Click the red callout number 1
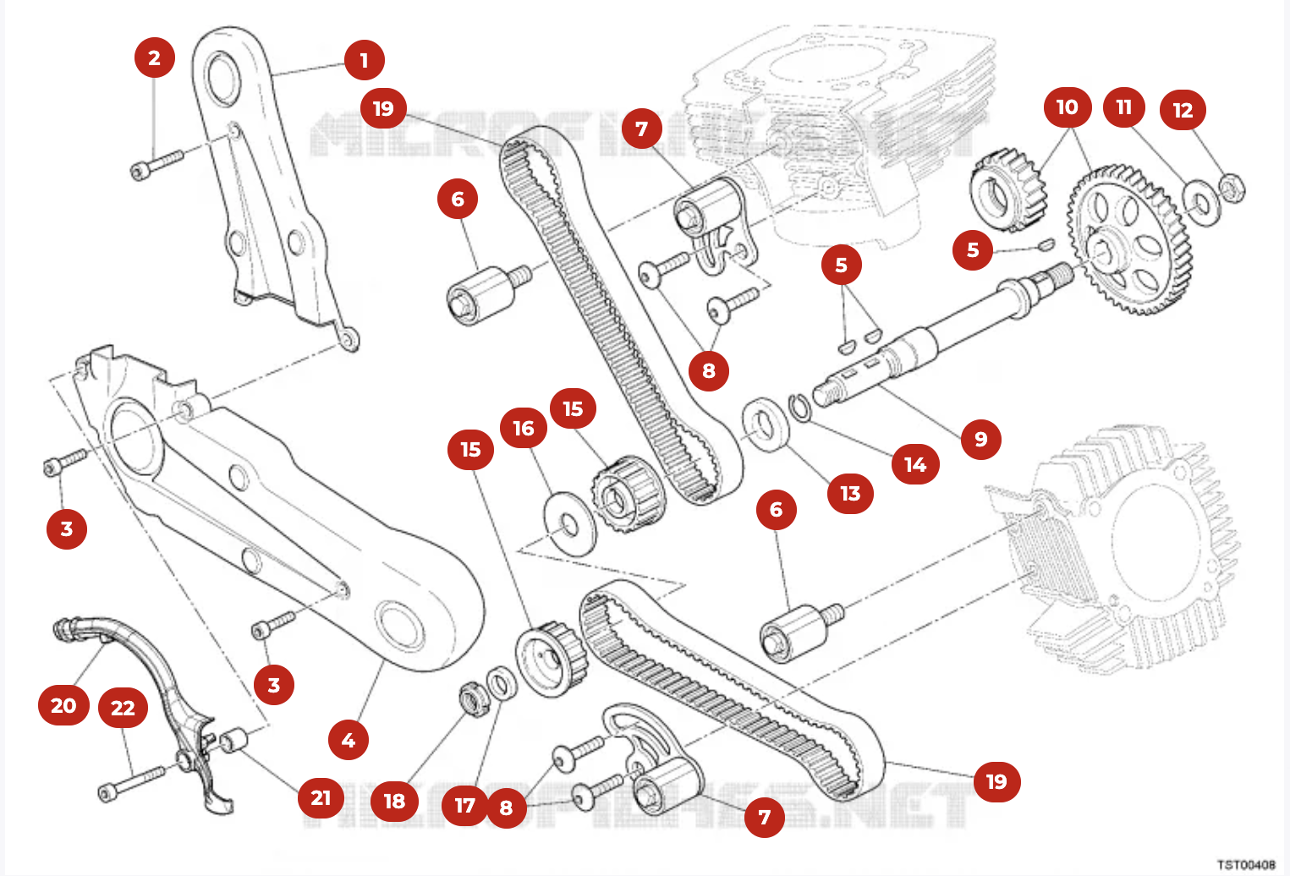coord(364,60)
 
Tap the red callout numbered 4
coord(348,740)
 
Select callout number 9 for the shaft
coord(980,439)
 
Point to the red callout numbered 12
coord(1182,109)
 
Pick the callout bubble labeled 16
coord(523,429)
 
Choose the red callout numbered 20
coord(63,705)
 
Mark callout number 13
coord(849,493)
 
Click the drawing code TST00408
coord(1245,864)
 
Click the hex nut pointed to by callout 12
coord(1232,188)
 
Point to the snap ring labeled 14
coord(799,407)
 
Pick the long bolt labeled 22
coord(133,782)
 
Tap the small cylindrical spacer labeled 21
coord(233,740)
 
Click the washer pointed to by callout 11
coord(1200,203)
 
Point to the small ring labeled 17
coord(502,683)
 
